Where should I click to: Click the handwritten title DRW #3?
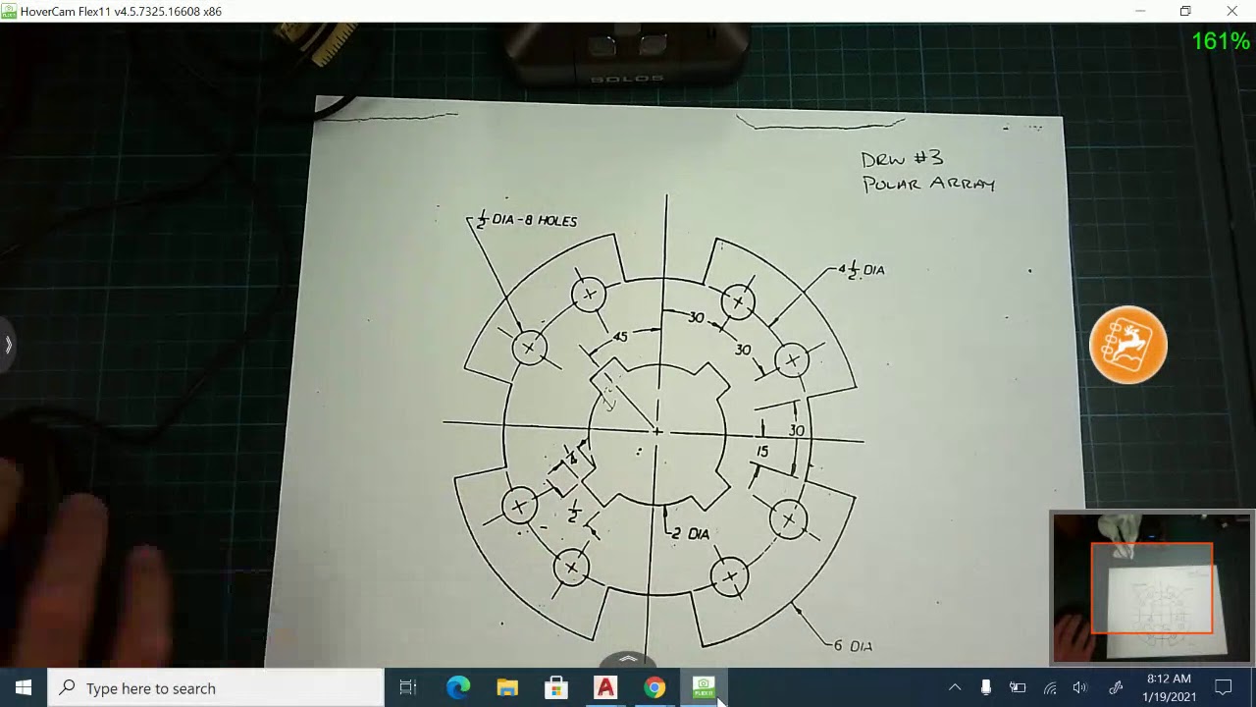tap(902, 159)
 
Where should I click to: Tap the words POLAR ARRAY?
tap(928, 184)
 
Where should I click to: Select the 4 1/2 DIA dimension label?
tap(863, 270)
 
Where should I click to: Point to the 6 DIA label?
tap(853, 646)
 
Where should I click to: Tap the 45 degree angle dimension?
tap(620, 337)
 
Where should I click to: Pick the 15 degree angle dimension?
tap(762, 452)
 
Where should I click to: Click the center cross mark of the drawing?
tap(657, 430)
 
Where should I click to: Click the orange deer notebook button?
tap(1128, 345)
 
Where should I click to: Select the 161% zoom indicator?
tap(1221, 41)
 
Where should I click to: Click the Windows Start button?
tap(24, 687)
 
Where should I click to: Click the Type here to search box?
tap(216, 687)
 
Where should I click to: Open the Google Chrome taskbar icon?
tap(654, 687)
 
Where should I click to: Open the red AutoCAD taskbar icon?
tap(605, 687)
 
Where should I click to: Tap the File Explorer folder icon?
tap(507, 687)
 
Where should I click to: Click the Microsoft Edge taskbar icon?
tap(458, 687)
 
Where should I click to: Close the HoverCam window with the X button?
tap(1231, 11)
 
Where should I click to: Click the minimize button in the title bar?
tap(1140, 11)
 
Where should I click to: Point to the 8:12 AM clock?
tap(1169, 679)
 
